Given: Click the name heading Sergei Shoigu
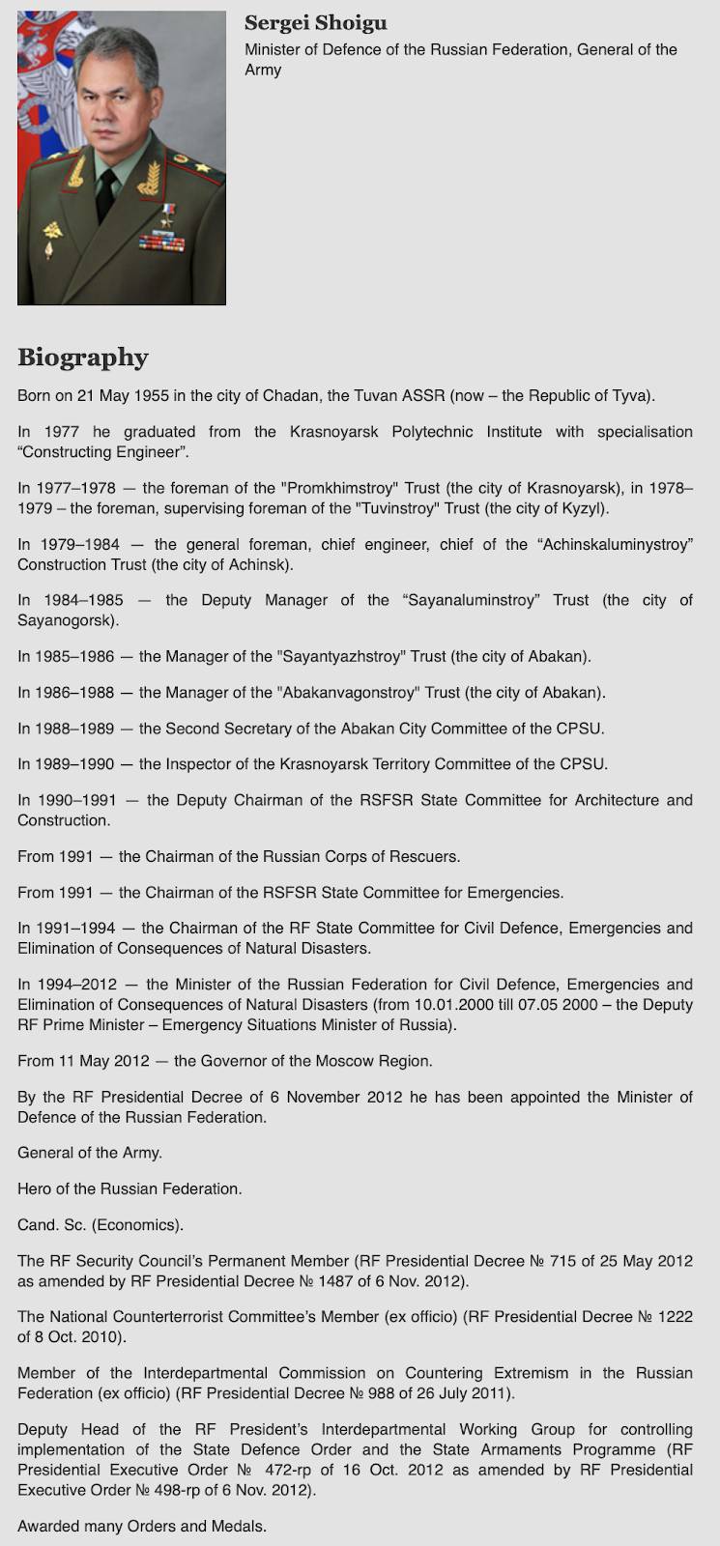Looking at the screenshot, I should pyautogui.click(x=315, y=23).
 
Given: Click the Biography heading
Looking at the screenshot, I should pyautogui.click(x=83, y=358).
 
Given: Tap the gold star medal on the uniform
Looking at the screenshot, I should pyautogui.click(x=169, y=210).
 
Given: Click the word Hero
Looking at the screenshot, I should pyautogui.click(x=36, y=1188).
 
